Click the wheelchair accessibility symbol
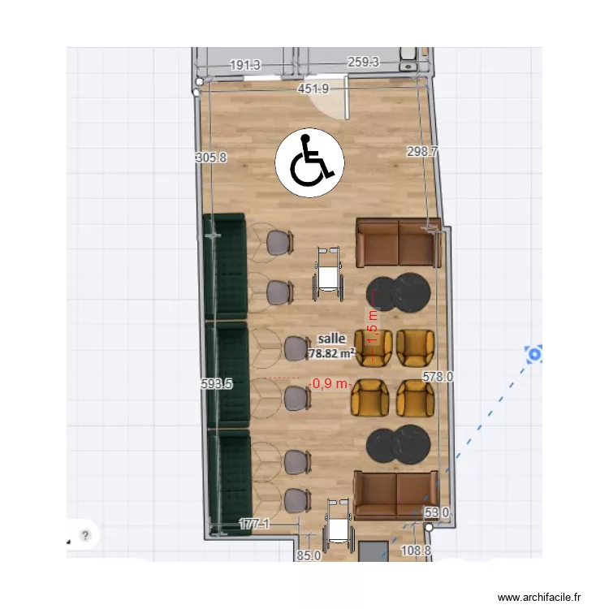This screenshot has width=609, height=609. tap(310, 162)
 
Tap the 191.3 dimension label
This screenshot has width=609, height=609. tap(244, 65)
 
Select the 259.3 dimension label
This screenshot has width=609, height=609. tap(363, 63)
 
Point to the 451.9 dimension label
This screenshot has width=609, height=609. tap(313, 89)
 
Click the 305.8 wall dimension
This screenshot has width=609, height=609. tap(212, 158)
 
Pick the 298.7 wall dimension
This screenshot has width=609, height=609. tap(422, 151)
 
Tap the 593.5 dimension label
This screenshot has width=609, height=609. tap(217, 384)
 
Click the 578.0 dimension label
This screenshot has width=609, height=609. tap(438, 376)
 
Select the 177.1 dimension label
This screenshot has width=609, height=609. tap(254, 525)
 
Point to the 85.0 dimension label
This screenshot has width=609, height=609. tap(309, 556)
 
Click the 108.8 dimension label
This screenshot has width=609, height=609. tap(417, 551)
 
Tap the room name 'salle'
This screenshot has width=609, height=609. tap(331, 338)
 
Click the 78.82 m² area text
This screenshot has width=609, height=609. tap(331, 353)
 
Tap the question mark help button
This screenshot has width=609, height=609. tap(84, 535)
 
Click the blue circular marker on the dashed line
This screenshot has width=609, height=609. tap(533, 354)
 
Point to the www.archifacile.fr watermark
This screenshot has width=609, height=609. tap(539, 597)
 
